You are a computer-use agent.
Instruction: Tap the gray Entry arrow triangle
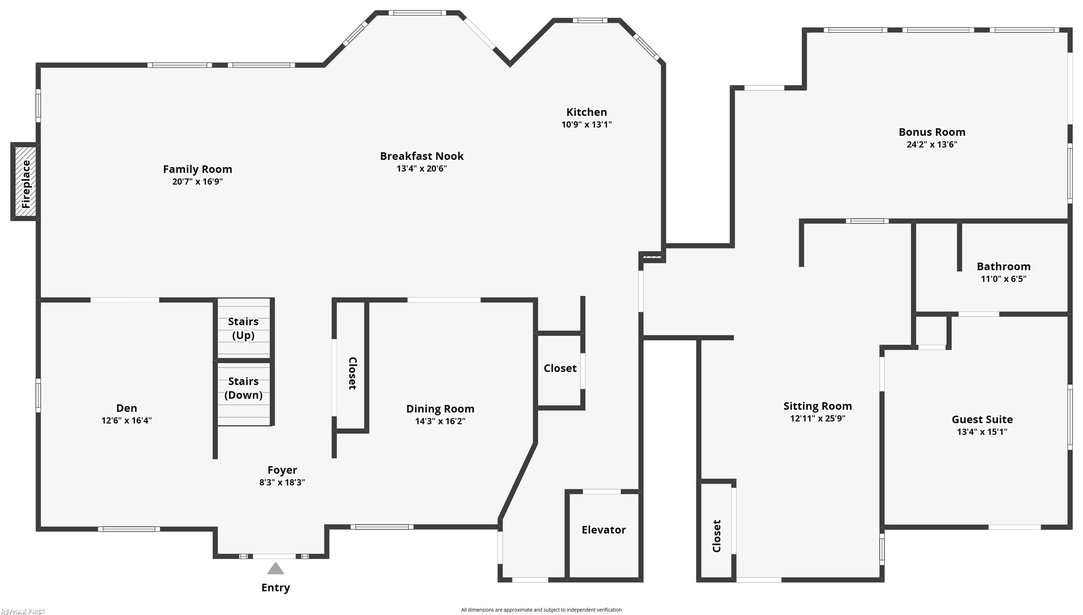point(275,569)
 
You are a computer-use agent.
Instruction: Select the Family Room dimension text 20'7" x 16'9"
point(197,182)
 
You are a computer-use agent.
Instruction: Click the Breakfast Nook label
point(422,156)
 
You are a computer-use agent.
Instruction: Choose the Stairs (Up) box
point(244,328)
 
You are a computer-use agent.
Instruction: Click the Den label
point(126,408)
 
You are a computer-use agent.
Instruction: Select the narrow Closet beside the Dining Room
point(352,373)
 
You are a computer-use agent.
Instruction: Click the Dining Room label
point(440,409)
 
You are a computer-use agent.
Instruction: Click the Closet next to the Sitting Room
point(716,536)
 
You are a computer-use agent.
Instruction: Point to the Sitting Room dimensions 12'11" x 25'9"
point(817,419)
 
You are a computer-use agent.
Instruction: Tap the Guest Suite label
point(982,419)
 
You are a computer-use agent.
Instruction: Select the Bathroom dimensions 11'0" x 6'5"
point(1003,279)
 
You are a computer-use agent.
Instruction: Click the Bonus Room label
point(932,132)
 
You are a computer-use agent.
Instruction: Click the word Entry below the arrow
point(275,588)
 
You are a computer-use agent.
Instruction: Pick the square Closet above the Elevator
point(560,368)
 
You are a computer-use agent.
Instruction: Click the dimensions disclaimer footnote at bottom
point(541,609)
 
